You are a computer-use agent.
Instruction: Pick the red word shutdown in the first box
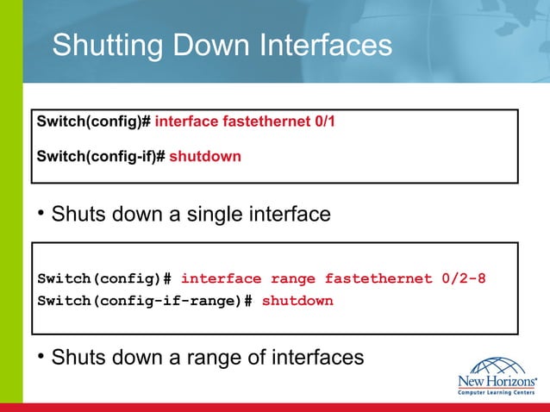pyautogui.click(x=205, y=157)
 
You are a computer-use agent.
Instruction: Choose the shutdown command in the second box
pyautogui.click(x=297, y=301)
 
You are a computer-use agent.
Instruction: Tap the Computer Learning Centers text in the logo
pyautogui.click(x=497, y=392)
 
